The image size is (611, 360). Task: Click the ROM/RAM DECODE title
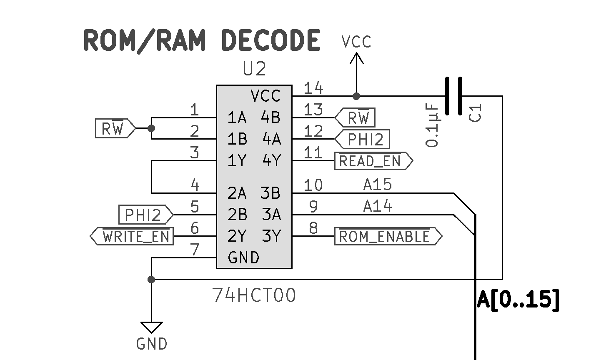[202, 40]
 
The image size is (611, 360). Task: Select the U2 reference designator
[254, 69]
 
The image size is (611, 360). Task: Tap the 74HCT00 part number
[254, 295]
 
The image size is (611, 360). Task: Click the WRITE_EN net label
[132, 236]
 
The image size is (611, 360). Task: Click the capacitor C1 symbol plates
[453, 96]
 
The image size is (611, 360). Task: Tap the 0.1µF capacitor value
[433, 125]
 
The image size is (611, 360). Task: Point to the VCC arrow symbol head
[356, 58]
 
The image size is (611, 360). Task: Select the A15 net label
[378, 185]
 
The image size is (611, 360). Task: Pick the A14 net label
[378, 206]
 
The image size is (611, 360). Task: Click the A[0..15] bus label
[518, 299]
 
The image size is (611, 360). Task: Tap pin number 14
[313, 88]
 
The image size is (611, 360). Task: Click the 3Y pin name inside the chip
[271, 236]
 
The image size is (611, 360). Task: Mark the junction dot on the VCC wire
[356, 96]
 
